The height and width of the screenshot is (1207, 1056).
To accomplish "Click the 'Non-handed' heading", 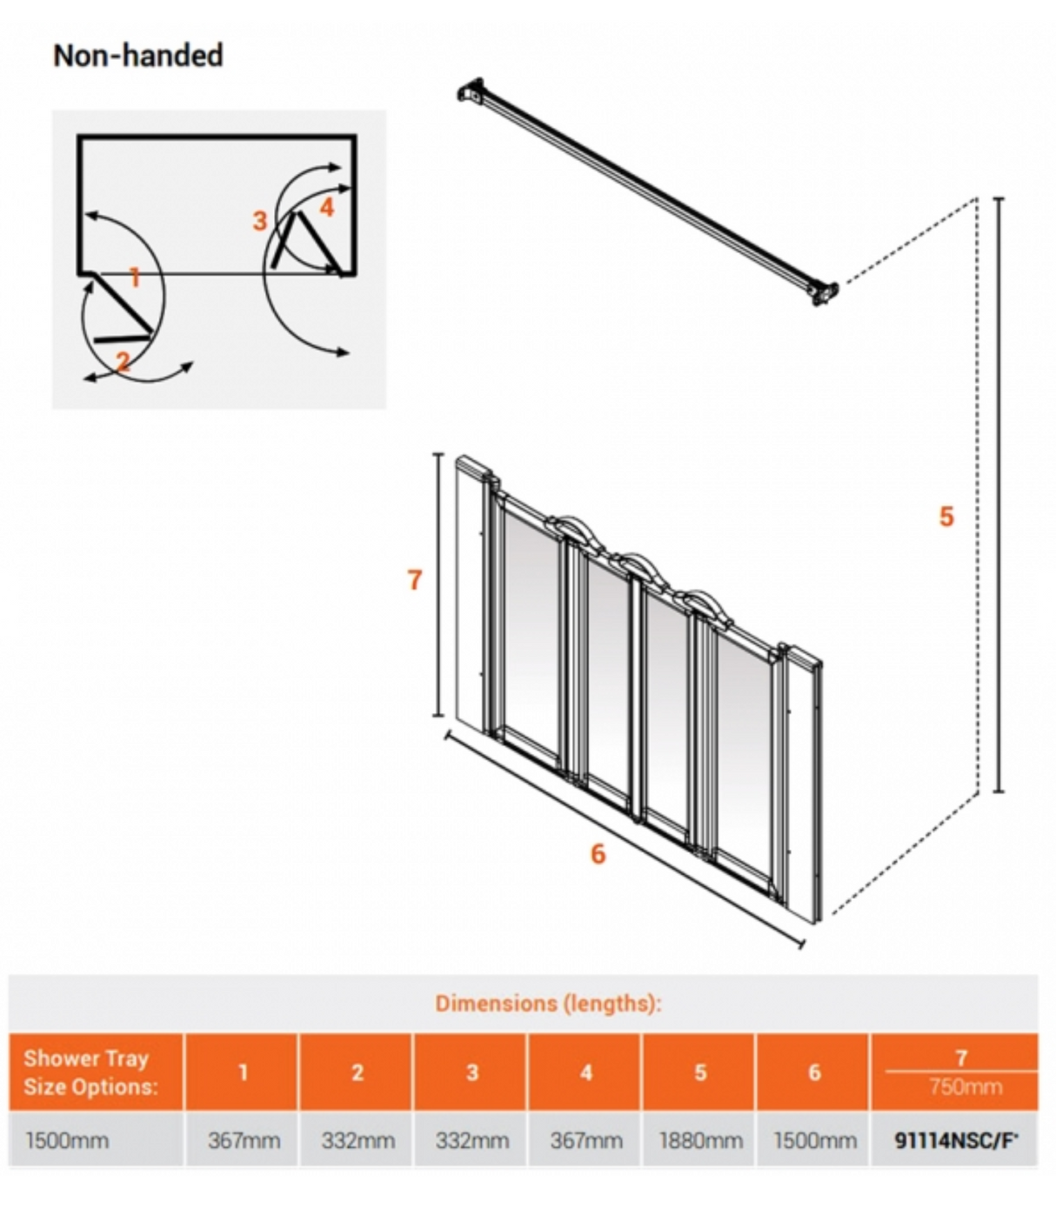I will point(138,56).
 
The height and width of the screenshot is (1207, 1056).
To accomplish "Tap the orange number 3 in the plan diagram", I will point(259,221).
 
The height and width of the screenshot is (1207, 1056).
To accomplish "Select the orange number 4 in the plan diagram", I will point(327,208).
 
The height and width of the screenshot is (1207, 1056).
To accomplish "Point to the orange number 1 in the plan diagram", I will point(135,277).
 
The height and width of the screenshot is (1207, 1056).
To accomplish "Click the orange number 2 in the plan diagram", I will point(123,360).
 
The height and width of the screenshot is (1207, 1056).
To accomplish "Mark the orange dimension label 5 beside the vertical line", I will point(946,517).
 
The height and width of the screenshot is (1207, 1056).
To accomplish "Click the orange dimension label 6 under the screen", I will point(598,854).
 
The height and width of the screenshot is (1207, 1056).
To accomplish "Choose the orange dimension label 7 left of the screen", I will point(415,579).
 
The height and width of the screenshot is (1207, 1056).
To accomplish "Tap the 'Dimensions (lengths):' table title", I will point(548,1004).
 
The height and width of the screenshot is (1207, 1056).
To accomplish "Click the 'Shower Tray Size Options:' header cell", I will point(90,1072).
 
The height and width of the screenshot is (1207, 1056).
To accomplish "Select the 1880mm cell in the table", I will point(700,1140).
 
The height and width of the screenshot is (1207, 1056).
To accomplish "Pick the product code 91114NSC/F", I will point(956,1140).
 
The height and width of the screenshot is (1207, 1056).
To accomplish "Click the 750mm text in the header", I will point(965,1087).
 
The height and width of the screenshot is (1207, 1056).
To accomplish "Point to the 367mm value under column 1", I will point(244,1140).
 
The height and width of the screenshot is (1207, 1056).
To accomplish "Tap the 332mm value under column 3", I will point(471,1140).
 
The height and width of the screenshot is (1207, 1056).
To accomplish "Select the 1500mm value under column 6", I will point(815,1140).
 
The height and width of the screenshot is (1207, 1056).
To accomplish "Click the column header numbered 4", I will point(586,1072).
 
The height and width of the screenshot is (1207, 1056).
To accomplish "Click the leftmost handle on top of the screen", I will point(566,526).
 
